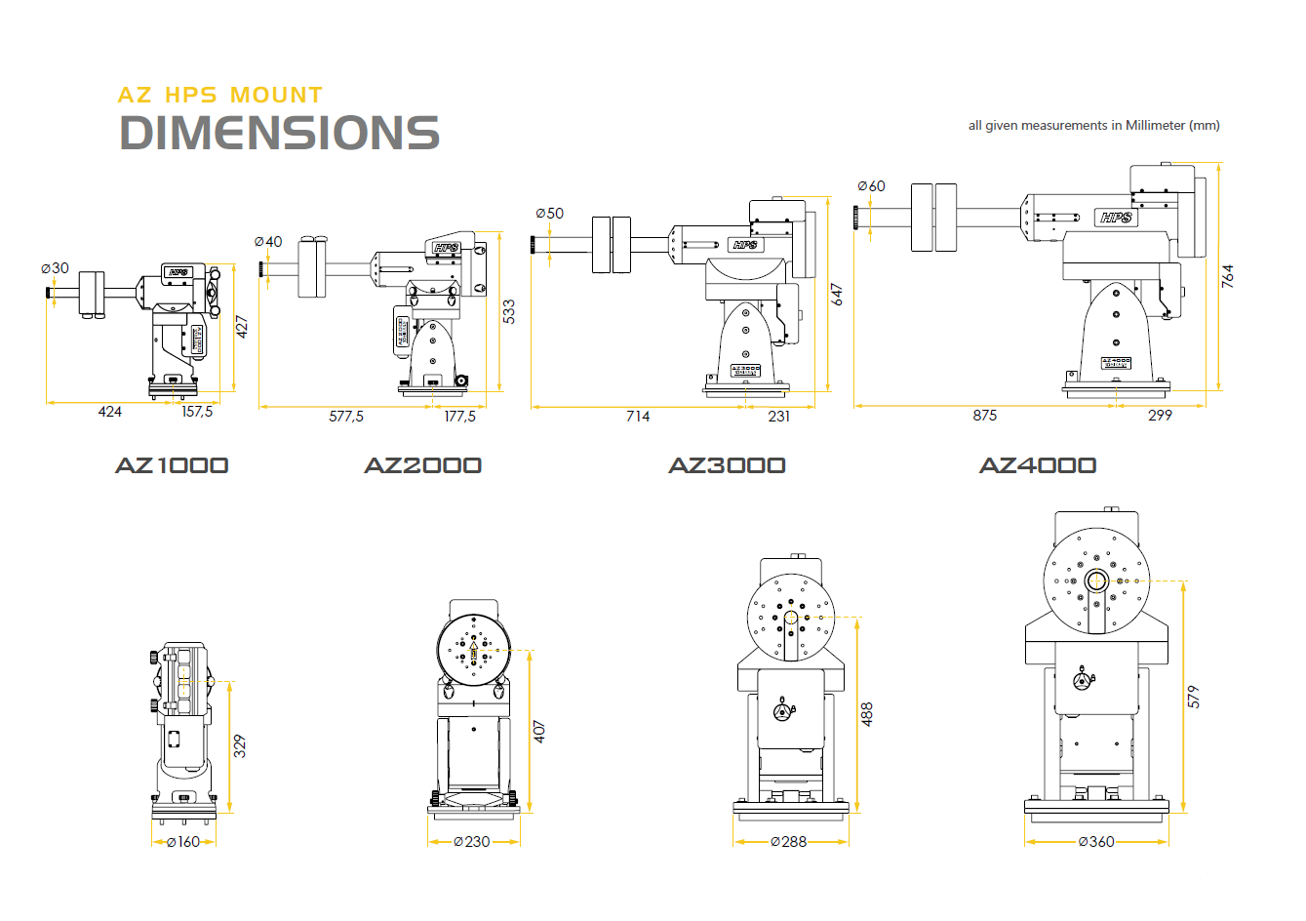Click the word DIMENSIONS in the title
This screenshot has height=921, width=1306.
(279, 133)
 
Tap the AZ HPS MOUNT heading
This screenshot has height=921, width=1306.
(219, 95)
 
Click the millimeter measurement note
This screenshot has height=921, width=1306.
(1093, 125)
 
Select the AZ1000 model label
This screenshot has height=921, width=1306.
(172, 465)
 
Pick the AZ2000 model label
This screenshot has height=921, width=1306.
(422, 465)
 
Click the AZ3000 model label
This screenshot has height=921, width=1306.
(727, 465)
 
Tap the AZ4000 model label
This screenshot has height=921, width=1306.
(1038, 465)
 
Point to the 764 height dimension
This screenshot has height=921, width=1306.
(1228, 275)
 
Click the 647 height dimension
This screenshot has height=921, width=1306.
(837, 295)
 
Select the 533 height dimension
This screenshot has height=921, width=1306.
(509, 311)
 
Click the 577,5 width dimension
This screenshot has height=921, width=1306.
(346, 417)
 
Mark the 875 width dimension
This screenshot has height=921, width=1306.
(985, 416)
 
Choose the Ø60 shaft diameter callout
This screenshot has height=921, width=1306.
(872, 186)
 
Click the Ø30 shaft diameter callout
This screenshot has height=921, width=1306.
(56, 268)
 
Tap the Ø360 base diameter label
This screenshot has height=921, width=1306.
(1096, 842)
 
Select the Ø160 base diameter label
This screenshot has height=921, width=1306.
(183, 842)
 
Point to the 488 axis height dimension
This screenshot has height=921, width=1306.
(867, 713)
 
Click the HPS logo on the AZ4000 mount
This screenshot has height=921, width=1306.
(1115, 218)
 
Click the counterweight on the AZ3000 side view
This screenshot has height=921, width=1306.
(612, 245)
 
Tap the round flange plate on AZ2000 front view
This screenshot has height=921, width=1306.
(473, 649)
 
